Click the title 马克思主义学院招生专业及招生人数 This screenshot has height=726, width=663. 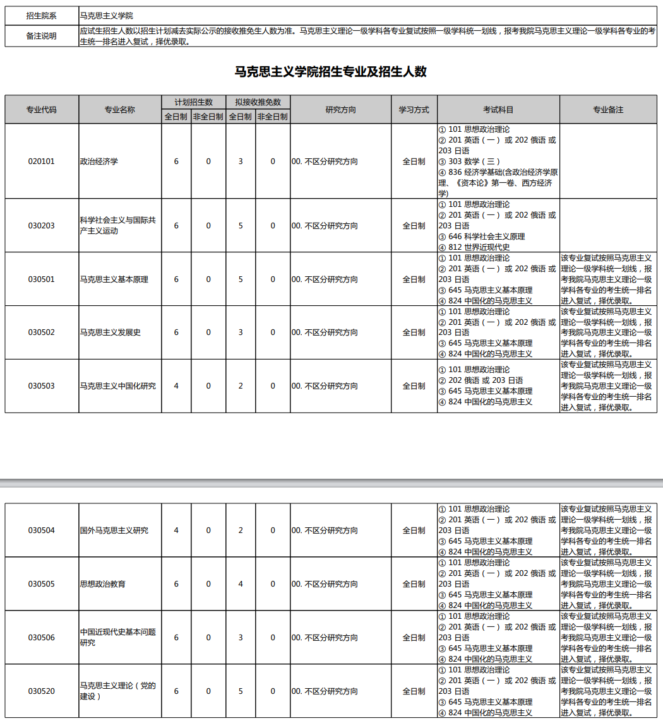coord(331,72)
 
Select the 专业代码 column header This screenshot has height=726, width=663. coord(41,110)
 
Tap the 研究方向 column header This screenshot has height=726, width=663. coord(340,110)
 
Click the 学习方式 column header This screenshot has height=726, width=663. coord(414,110)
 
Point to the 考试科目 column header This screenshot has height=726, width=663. coord(498,110)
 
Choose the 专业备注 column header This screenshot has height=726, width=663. coord(607,110)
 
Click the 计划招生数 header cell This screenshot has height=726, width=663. coord(193,102)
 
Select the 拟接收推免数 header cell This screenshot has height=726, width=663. coord(258,102)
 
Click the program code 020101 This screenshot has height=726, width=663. coord(41,161)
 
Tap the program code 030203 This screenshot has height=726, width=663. coord(41,226)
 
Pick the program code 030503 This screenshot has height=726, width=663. coord(41,386)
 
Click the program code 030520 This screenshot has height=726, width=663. coord(41,691)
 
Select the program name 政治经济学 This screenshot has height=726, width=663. coord(99,161)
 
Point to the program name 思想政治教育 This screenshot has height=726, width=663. coord(103,584)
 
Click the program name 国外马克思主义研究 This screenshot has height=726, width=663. coord(114,530)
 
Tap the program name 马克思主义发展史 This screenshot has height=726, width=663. coord(110,332)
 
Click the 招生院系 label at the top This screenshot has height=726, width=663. coord(41,16)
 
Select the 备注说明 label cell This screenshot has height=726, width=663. coord(41,36)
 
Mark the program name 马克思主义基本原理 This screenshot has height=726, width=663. coord(114,279)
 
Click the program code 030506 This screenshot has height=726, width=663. coord(41,638)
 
